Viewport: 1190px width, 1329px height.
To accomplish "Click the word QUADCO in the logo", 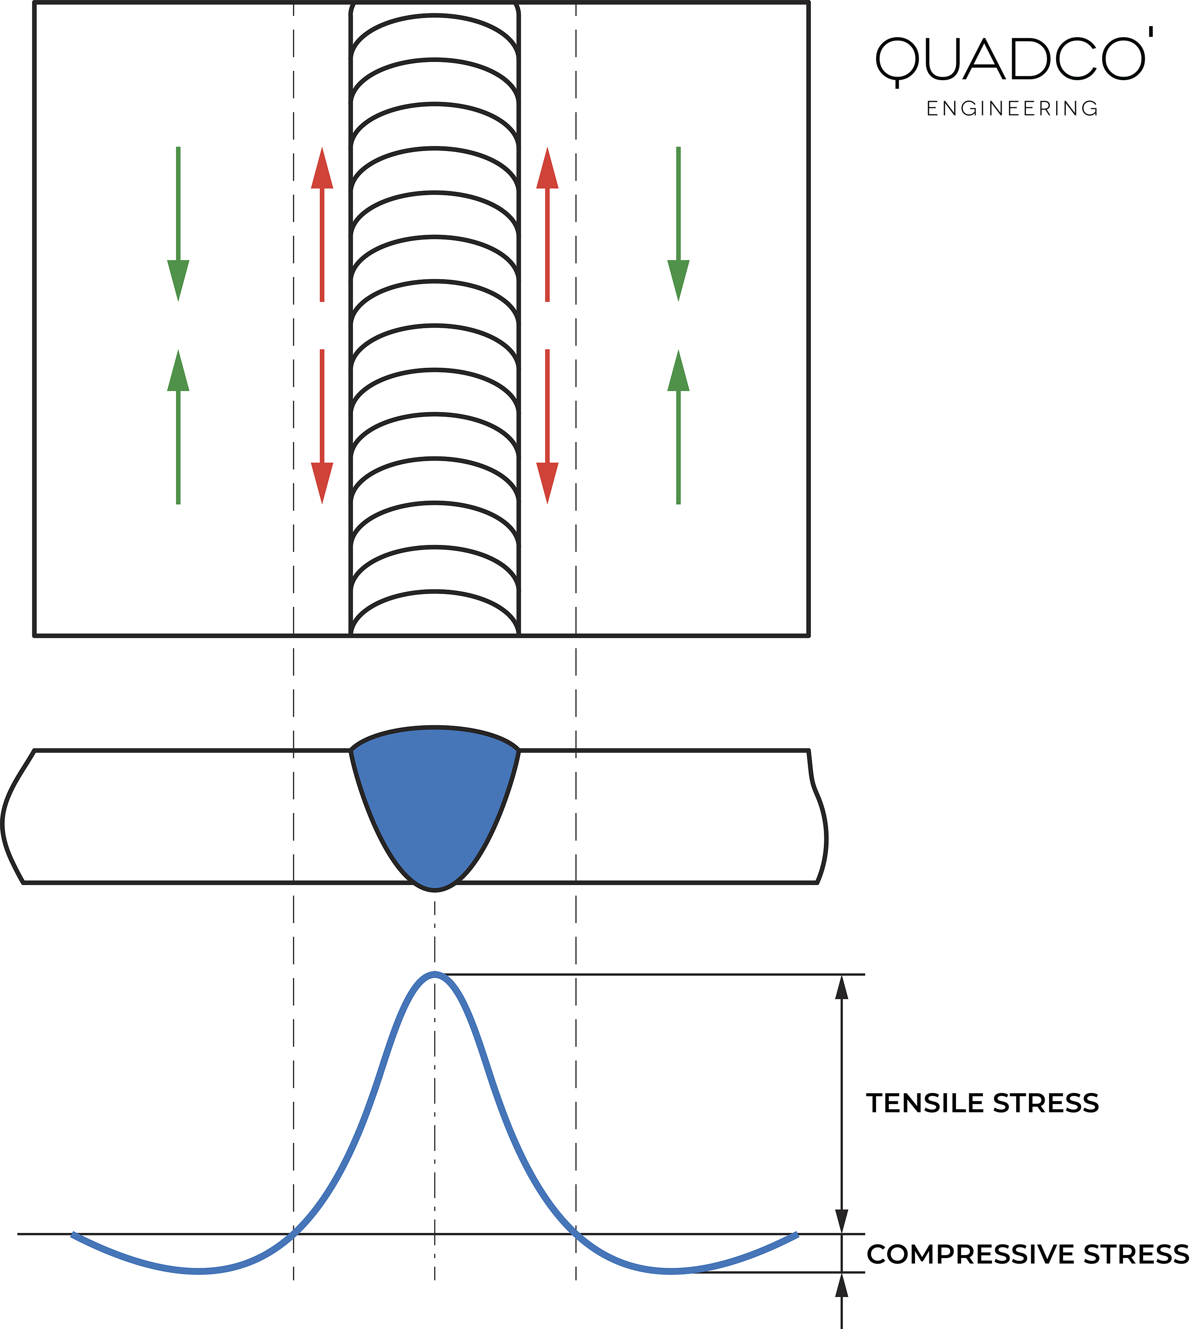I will (x=1010, y=59).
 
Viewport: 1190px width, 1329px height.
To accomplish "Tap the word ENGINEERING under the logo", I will (x=1012, y=109).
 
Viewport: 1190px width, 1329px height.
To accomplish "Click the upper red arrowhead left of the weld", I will (x=322, y=169).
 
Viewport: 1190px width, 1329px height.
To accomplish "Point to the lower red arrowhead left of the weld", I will (x=322, y=482).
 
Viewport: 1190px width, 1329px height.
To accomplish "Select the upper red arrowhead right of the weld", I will (x=547, y=169).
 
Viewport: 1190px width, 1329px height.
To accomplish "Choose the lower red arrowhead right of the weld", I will (x=547, y=482).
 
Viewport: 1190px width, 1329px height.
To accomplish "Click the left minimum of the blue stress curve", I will (x=198, y=1271).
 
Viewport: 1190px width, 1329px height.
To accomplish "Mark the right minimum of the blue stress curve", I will (x=672, y=1271).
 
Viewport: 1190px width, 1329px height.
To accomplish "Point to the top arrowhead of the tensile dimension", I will (x=842, y=988).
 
